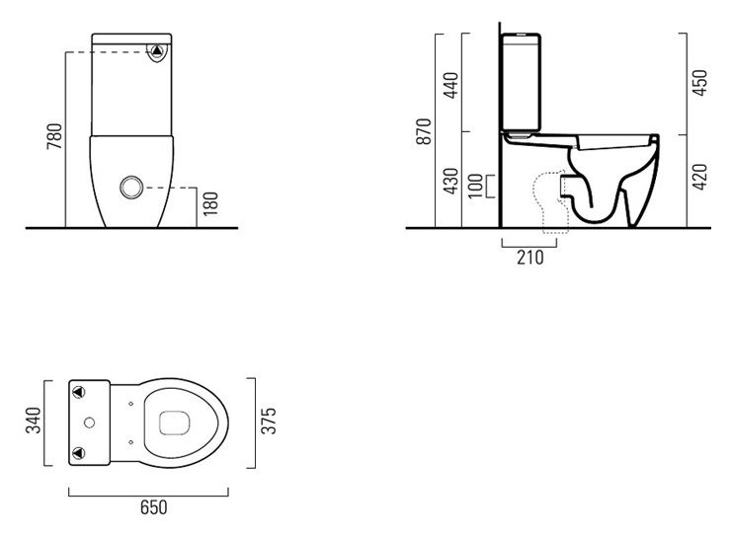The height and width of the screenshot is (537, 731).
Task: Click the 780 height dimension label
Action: [54, 136]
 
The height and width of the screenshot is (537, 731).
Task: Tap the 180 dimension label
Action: [210, 203]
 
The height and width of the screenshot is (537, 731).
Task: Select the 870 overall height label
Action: [424, 131]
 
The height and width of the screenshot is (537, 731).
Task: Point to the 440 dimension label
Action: [450, 85]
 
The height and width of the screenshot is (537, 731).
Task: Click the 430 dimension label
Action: [450, 182]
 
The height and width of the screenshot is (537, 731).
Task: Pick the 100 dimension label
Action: [475, 186]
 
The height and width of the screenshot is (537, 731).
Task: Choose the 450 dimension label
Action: [699, 83]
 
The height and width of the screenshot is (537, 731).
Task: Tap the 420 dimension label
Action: [699, 177]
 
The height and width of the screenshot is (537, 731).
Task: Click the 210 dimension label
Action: [530, 257]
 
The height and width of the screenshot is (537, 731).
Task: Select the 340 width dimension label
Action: [34, 421]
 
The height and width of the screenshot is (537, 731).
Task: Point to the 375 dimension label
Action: [269, 421]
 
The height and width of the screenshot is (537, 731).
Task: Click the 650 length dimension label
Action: [153, 507]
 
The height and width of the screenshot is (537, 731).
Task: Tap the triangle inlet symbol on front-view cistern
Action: [157, 50]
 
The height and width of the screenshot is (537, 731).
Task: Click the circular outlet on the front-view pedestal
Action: [131, 188]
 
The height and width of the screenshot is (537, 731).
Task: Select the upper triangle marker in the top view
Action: [79, 392]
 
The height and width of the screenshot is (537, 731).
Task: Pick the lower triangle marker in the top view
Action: [79, 453]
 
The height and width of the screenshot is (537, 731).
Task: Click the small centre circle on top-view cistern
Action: [90, 422]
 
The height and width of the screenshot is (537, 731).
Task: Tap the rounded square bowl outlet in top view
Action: [174, 423]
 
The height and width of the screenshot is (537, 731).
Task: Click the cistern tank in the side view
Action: [522, 82]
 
